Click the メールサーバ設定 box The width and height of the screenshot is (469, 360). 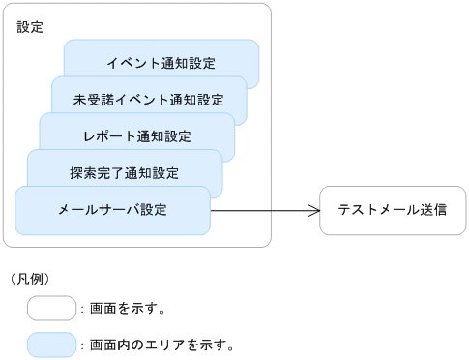pos(112,209)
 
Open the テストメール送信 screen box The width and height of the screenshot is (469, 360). pos(392,209)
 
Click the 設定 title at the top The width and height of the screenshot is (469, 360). pos(30,27)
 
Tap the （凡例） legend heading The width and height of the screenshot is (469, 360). pos(30,279)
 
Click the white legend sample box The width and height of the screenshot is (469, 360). pos(51,309)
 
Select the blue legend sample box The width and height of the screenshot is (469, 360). pos(51,344)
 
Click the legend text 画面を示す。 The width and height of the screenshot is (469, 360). pos(128,310)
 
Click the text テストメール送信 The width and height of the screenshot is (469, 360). pos(392,209)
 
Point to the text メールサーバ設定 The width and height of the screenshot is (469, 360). pos(112,209)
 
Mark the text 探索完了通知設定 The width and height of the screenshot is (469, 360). pos(124,173)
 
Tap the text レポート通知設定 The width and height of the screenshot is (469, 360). pos(136,135)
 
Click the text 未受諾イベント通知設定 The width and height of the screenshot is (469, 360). pos(148,99)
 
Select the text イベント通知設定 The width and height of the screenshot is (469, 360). pos(161,63)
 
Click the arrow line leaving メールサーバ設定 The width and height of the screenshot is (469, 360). pos(261,209)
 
